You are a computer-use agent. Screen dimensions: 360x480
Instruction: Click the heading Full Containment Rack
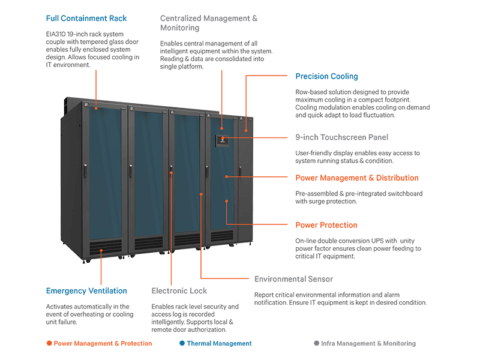point(86,19)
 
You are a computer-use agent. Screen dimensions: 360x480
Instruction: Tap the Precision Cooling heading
point(326,76)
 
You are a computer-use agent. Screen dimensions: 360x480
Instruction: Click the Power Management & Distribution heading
point(357,178)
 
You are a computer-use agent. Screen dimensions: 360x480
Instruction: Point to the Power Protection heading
point(326,225)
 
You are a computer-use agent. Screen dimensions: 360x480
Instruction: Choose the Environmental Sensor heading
point(293,279)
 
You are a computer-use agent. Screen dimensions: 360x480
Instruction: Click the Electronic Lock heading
point(179,291)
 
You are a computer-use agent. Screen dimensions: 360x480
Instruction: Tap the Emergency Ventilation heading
point(86,291)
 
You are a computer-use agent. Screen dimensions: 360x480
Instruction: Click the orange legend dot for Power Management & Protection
point(49,344)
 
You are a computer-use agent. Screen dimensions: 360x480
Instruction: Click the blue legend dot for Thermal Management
point(182,344)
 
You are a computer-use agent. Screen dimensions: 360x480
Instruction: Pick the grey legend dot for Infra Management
point(316,344)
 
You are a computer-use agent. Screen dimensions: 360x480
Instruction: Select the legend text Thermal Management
point(219,344)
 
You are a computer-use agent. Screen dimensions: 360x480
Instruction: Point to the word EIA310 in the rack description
point(57,34)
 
